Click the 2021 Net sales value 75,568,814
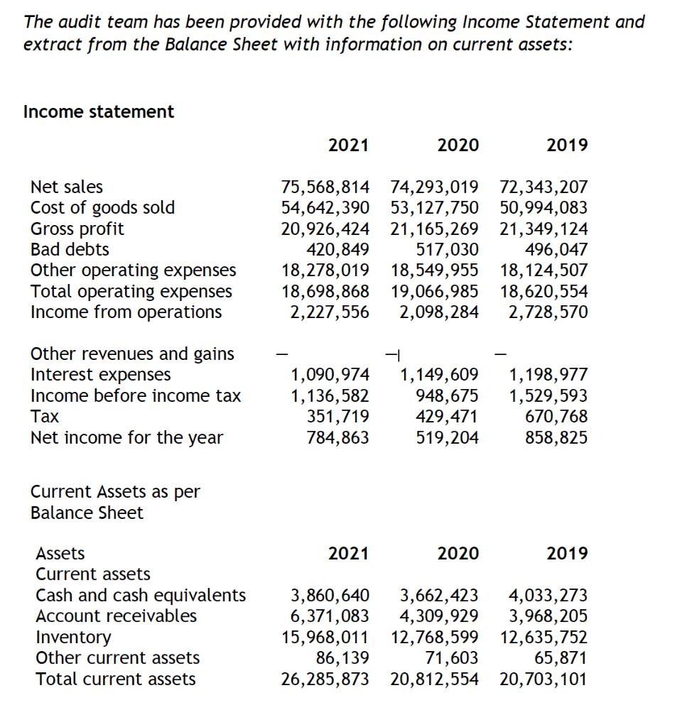coord(325,187)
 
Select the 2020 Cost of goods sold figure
coord(434,208)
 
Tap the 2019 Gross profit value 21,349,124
coord(544,229)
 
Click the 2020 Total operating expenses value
coord(434,291)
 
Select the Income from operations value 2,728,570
coord(548,312)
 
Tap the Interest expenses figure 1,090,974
coord(330,374)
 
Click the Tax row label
coord(44,416)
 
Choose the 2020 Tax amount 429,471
coord(447,416)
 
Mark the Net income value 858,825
coord(556,437)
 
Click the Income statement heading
coord(99,111)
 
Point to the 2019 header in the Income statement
coord(567,146)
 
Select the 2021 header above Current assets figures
coord(348,553)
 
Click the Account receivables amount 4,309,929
coord(439,616)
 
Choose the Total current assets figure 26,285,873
coord(325,679)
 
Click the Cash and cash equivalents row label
coord(141,595)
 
